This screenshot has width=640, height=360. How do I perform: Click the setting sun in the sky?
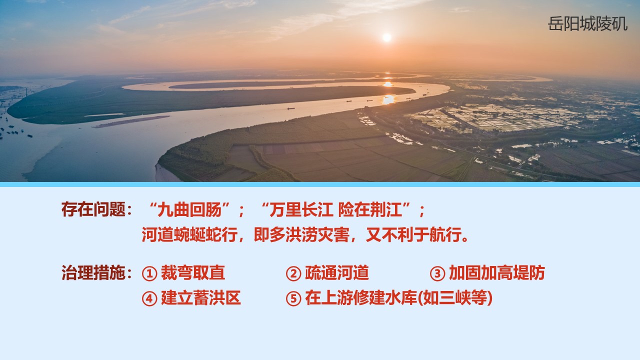pyautogui.click(x=387, y=37)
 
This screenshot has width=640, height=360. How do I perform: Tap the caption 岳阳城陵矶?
pyautogui.click(x=587, y=23)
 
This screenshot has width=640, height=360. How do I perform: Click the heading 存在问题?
pyautogui.click(x=93, y=209)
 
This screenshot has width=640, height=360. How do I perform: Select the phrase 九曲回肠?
pyautogui.click(x=189, y=209)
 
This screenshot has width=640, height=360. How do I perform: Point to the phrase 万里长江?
pyautogui.click(x=301, y=209)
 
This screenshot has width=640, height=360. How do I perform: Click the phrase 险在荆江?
pyautogui.click(x=370, y=209)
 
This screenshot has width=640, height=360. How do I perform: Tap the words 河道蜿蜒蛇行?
pyautogui.click(x=189, y=235)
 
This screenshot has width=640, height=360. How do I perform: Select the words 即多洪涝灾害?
pyautogui.click(x=301, y=235)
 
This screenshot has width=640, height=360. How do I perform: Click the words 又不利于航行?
pyautogui.click(x=414, y=235)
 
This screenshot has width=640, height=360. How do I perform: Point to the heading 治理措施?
pyautogui.click(x=93, y=272)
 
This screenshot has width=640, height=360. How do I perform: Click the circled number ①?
pyautogui.click(x=149, y=273)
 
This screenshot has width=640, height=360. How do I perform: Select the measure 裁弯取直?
pyautogui.click(x=193, y=272)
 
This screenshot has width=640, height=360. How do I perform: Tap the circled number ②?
pyautogui.click(x=293, y=273)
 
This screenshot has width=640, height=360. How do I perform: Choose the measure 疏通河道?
pyautogui.click(x=337, y=272)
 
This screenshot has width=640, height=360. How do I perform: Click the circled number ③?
pyautogui.click(x=437, y=273)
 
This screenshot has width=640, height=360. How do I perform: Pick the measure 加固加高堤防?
pyautogui.click(x=497, y=272)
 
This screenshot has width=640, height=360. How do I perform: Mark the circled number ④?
pyautogui.click(x=149, y=298)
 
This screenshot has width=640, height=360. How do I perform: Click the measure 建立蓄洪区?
pyautogui.click(x=201, y=297)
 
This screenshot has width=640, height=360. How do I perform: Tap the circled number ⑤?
pyautogui.click(x=293, y=298)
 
